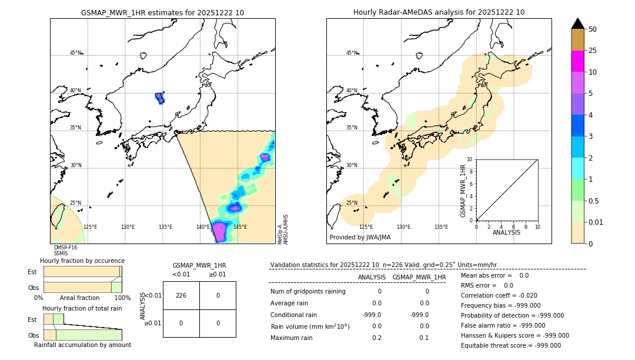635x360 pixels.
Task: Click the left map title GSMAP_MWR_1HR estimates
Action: [162, 12]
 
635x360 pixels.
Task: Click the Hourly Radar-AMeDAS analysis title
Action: [439, 12]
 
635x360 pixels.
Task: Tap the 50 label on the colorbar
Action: [593, 29]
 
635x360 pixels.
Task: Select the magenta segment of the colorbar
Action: [577, 61]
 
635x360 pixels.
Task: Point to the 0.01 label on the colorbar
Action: [596, 222]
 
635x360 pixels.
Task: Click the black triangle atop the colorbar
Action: [577, 24]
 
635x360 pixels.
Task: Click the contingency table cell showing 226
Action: [181, 295]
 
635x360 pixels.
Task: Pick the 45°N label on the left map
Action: [75, 53]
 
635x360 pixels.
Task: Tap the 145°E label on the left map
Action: [240, 227]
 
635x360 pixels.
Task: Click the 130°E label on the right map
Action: [403, 227]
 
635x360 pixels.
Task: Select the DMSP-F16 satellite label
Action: [65, 248]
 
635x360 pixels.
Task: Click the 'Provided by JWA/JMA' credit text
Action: [360, 238]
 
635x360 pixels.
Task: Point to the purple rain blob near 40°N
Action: [160, 98]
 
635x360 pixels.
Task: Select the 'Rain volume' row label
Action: [310, 326]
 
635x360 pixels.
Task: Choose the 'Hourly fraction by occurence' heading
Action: [82, 261]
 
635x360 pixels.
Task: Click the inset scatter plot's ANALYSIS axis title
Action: [506, 232]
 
